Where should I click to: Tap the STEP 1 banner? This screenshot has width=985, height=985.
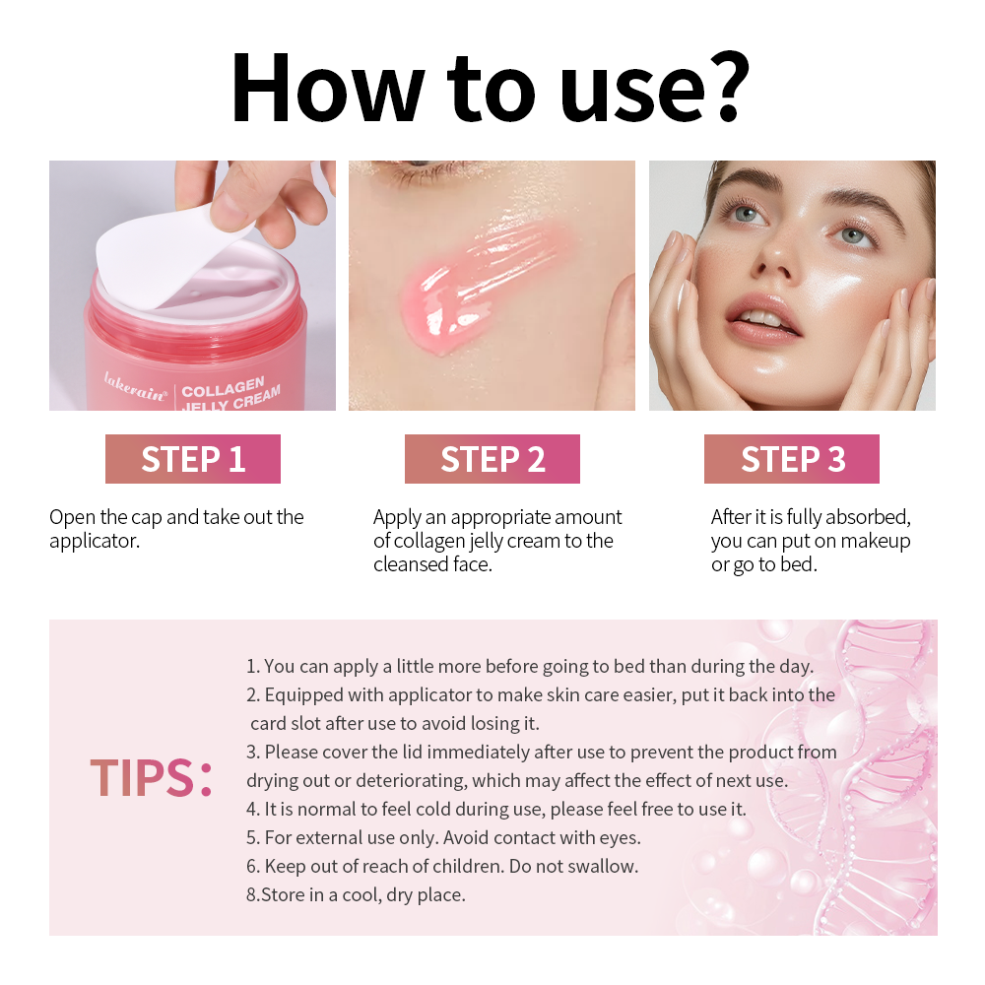(x=193, y=459)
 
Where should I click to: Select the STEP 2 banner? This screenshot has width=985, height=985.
(x=492, y=459)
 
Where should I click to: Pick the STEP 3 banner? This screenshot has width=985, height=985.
(x=792, y=459)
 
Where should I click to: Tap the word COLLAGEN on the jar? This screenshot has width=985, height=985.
(x=223, y=387)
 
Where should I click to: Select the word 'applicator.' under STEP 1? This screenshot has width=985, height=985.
(x=95, y=541)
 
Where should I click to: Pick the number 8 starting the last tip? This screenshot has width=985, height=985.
(x=251, y=895)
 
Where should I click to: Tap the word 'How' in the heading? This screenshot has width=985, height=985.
(x=327, y=88)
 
